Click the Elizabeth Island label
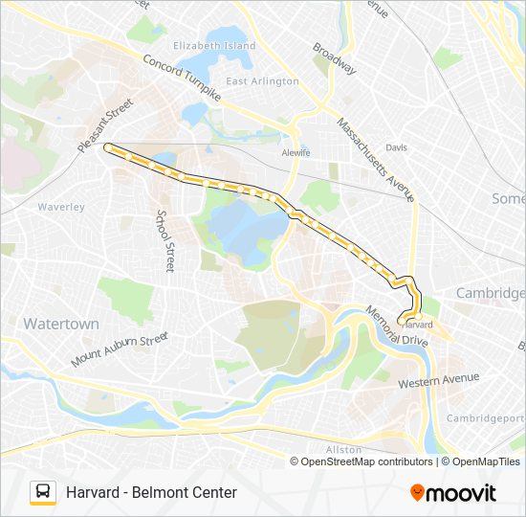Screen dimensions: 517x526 [214, 45]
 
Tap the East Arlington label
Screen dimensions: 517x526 [263, 81]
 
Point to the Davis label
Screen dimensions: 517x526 [396, 147]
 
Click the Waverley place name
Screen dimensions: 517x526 [61, 207]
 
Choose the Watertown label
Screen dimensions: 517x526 [61, 324]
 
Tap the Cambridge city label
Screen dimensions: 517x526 [490, 292]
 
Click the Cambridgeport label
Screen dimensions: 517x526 [487, 418]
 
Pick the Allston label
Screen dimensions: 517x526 [343, 449]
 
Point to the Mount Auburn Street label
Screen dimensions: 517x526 [120, 350]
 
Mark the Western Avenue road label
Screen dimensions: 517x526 [438, 381]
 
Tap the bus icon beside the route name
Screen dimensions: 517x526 [43, 492]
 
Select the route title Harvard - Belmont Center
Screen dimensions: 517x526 [151, 492]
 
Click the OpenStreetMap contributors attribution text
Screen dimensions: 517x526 [367, 461]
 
